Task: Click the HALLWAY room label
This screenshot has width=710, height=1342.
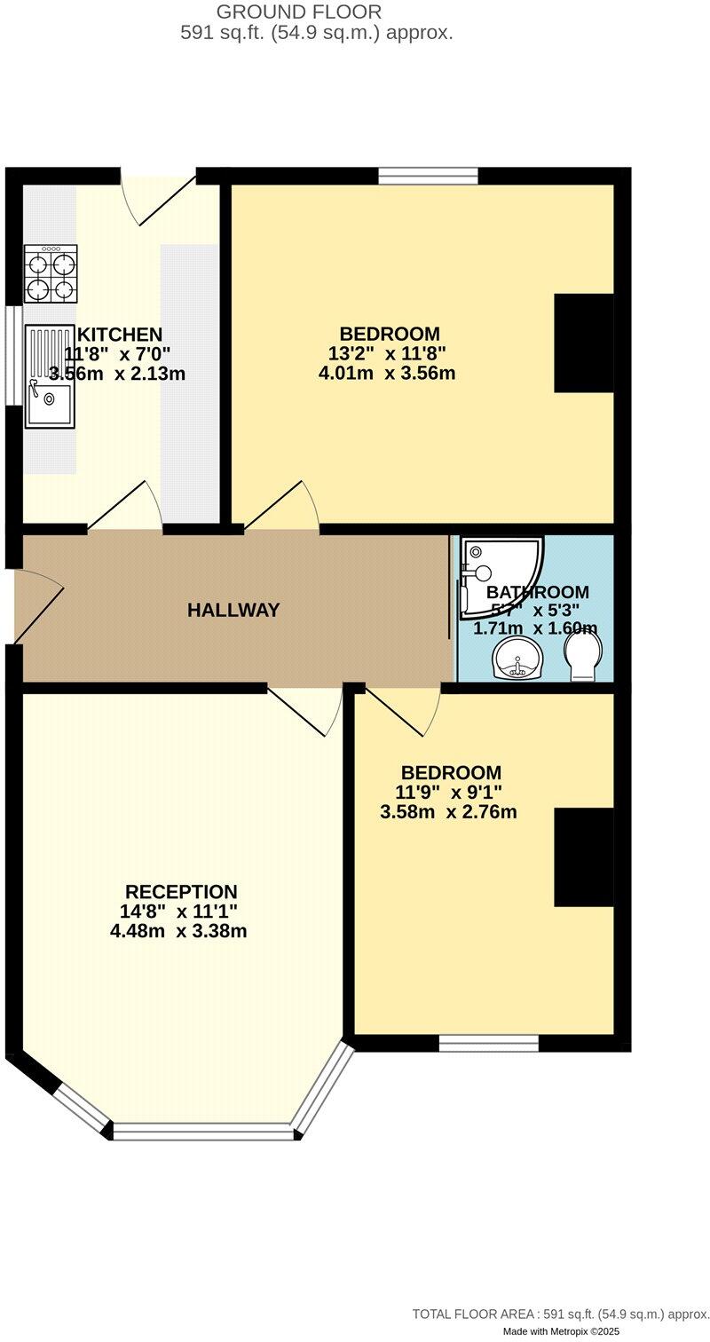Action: coord(233,611)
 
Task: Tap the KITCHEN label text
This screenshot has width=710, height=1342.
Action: coord(120,335)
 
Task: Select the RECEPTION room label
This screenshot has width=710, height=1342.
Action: coord(181,892)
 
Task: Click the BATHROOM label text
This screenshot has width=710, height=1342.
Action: coord(537,592)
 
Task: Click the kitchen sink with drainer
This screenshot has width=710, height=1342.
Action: coord(49,376)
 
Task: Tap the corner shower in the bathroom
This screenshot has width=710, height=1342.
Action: coord(497,577)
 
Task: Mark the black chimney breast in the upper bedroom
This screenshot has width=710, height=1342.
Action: coord(583,343)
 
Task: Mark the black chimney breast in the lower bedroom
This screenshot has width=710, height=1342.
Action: coord(583,857)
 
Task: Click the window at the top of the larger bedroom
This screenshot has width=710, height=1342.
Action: coord(428,176)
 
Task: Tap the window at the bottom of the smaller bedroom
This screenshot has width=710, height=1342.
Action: coord(489,1043)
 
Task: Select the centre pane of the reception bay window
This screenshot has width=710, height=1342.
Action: coord(202,1132)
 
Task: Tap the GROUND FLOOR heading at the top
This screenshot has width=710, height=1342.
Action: coord(299,12)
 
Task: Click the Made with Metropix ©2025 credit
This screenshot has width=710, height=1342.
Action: coord(561,1331)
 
